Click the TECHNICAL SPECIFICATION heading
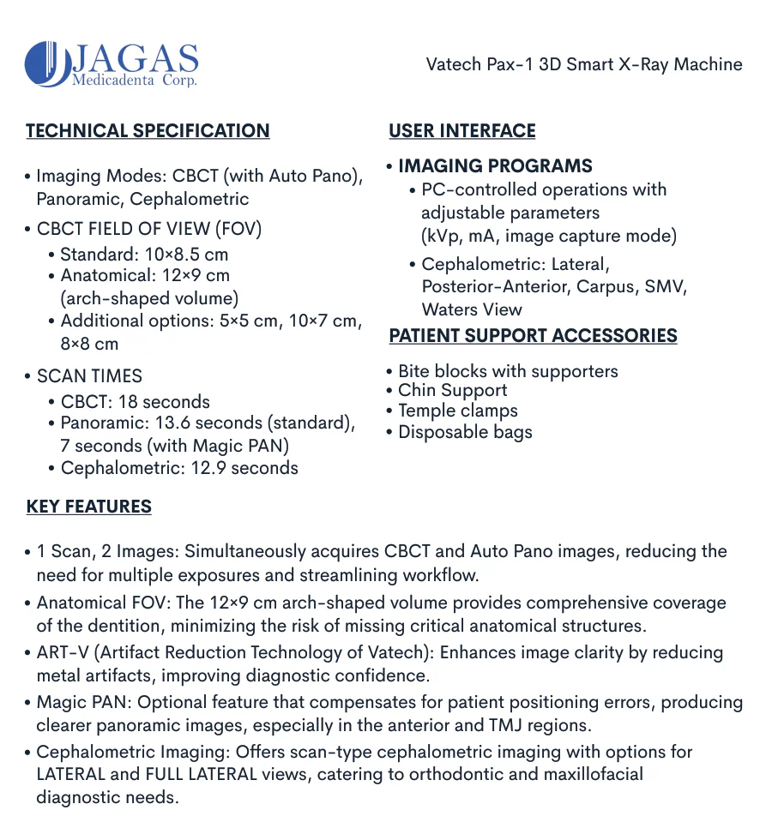point(148,131)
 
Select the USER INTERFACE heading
point(462,131)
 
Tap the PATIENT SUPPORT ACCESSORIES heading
point(533,336)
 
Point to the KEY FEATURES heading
point(89,507)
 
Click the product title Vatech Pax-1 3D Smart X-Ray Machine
point(584,64)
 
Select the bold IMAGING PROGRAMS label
point(495,166)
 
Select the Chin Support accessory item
point(452,391)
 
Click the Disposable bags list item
point(465,431)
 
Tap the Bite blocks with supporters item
point(508,371)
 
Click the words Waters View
point(472,309)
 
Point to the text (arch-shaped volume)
point(149,298)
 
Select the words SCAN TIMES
point(89,376)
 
